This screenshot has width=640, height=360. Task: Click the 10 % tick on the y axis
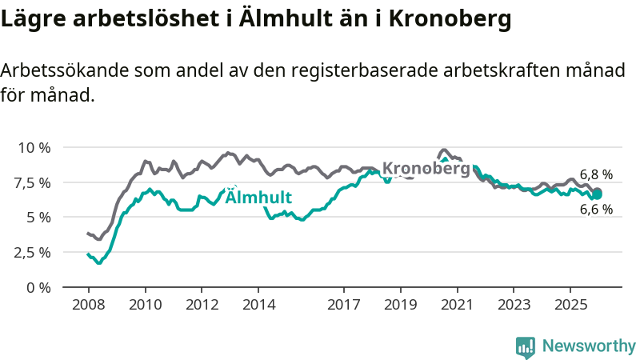pos(34,148)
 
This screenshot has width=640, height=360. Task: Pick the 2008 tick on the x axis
pos(88,305)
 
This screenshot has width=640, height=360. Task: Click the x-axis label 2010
pos(145,305)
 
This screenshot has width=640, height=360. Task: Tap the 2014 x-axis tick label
pos(259,305)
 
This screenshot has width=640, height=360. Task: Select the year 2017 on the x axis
pos(343,305)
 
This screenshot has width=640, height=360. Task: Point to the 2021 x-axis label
pos(457,305)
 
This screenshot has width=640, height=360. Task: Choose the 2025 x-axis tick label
pos(570,305)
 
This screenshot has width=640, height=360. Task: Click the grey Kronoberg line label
pos(426,169)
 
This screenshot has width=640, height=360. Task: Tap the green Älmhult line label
pos(258,198)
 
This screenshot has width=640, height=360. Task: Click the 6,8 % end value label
pos(596,174)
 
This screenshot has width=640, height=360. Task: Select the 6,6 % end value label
pos(596,210)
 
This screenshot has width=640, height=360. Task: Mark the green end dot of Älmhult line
pos(597,194)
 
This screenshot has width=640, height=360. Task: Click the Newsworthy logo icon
pos(526,346)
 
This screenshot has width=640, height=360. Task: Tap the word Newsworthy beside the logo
pos(589,346)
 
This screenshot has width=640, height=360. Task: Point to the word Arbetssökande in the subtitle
pos(62,71)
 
